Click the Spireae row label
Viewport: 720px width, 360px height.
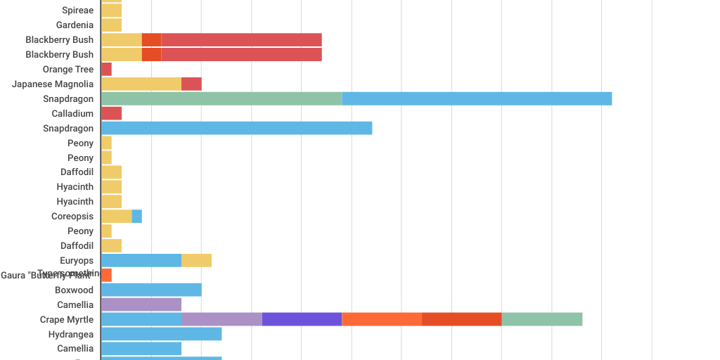pyautogui.click(x=77, y=11)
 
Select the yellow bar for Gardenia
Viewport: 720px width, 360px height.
pyautogui.click(x=111, y=25)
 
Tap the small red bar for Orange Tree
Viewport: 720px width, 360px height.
pyautogui.click(x=106, y=70)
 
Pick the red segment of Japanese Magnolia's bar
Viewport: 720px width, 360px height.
pyautogui.click(x=191, y=84)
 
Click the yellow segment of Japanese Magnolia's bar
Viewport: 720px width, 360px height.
pyautogui.click(x=141, y=84)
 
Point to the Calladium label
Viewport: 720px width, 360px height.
pyautogui.click(x=72, y=114)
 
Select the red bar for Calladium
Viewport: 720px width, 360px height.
pyautogui.click(x=111, y=113)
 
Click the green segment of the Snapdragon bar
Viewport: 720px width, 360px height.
pyautogui.click(x=221, y=99)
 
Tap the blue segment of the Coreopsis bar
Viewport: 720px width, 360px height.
pyautogui.click(x=137, y=217)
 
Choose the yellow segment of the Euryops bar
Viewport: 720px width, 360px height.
pyautogui.click(x=196, y=261)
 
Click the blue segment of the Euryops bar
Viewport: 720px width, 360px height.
pyautogui.click(x=141, y=261)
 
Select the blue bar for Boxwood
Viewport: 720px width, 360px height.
pyautogui.click(x=151, y=290)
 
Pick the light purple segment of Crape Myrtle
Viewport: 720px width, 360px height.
pyautogui.click(x=221, y=319)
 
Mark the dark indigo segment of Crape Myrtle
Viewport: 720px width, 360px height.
pyautogui.click(x=302, y=319)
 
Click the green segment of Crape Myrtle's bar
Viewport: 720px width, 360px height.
pyautogui.click(x=541, y=319)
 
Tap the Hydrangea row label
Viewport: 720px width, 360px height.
pyautogui.click(x=71, y=335)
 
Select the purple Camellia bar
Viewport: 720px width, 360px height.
pyautogui.click(x=141, y=304)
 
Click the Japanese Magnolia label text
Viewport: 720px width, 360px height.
pyautogui.click(x=53, y=84)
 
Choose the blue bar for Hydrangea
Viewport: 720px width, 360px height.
pyautogui.click(x=161, y=334)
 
